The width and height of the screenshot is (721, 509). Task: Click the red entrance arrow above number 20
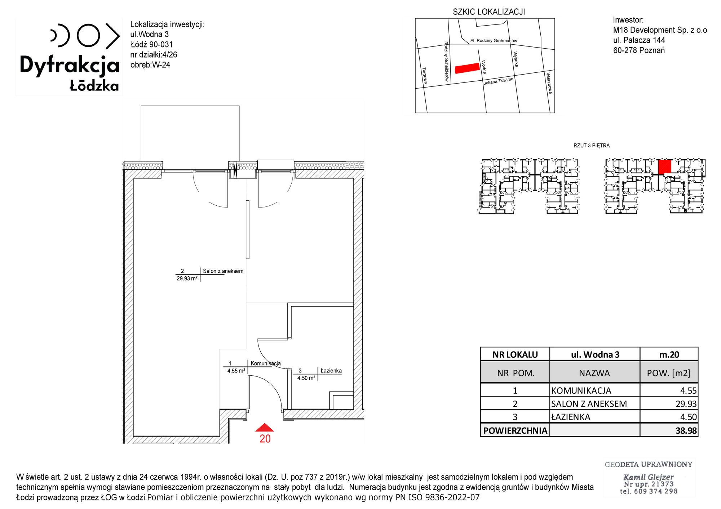pyautogui.click(x=265, y=428)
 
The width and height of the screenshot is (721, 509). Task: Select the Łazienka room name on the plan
pyautogui.click(x=331, y=371)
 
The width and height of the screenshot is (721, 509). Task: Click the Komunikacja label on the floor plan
pyautogui.click(x=266, y=363)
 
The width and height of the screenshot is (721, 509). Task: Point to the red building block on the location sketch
pyautogui.click(x=467, y=68)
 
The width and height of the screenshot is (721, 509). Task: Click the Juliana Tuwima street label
pyautogui.click(x=499, y=81)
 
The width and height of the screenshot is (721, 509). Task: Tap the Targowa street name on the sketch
pyautogui.click(x=425, y=76)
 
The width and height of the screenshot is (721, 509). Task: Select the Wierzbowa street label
pyautogui.click(x=549, y=83)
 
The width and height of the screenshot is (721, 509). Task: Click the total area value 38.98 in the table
pyautogui.click(x=686, y=430)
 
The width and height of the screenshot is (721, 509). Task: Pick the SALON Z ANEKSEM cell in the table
pyautogui.click(x=589, y=404)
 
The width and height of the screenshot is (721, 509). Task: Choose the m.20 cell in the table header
pyautogui.click(x=669, y=354)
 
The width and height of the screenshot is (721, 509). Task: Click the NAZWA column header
pyautogui.click(x=594, y=373)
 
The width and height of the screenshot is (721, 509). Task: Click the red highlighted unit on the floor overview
pyautogui.click(x=664, y=167)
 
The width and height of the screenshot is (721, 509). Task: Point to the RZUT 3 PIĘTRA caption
pyautogui.click(x=592, y=146)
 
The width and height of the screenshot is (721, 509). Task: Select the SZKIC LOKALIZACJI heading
pyautogui.click(x=489, y=12)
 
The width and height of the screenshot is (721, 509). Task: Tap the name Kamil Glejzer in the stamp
pyautogui.click(x=649, y=477)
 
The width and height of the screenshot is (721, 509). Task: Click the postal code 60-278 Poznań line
pyautogui.click(x=639, y=50)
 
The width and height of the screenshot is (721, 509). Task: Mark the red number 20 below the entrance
pyautogui.click(x=265, y=439)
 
